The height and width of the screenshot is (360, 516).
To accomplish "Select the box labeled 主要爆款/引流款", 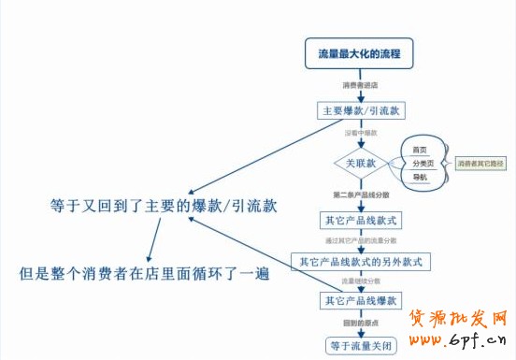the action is tap(360, 110).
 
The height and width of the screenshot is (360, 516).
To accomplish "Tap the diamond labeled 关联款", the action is tap(360, 163).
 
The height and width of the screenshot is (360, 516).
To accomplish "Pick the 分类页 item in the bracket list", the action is tap(422, 163).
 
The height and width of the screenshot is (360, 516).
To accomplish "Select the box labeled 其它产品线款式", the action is tap(360, 222).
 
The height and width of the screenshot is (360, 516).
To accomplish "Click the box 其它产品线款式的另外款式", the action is tap(360, 261).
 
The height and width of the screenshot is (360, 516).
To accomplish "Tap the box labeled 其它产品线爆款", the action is tap(360, 301).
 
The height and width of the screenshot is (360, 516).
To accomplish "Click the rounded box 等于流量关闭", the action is tap(360, 345).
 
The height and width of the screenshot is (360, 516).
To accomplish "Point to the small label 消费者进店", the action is tap(359, 85).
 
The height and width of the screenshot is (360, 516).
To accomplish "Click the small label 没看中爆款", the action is tap(360, 133).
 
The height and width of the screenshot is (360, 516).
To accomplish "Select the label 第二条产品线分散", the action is tap(361, 195).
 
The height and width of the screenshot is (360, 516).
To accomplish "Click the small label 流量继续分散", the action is tap(360, 281).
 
